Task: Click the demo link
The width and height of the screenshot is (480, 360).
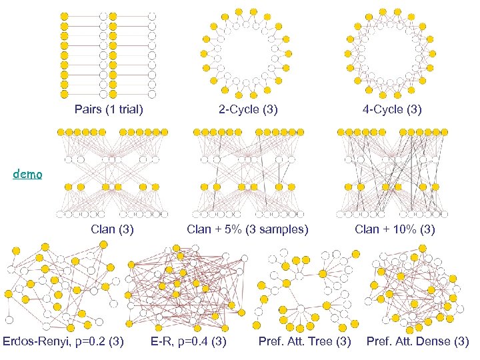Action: (27, 175)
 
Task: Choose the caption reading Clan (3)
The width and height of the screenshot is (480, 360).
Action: (112, 230)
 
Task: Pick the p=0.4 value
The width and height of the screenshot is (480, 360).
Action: (194, 342)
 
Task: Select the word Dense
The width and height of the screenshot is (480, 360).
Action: (436, 342)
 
